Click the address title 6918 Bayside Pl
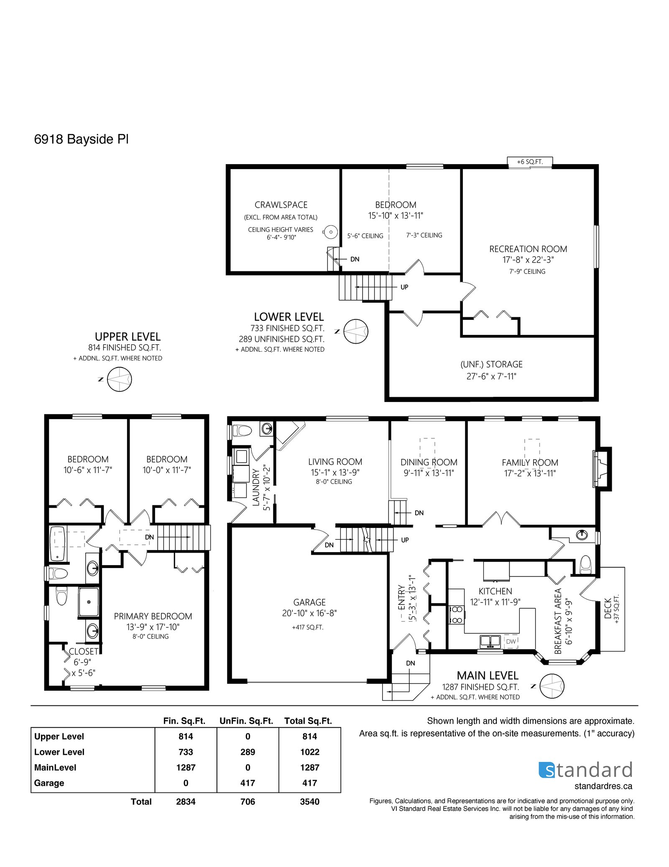pos(81,139)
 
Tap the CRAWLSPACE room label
pos(281,205)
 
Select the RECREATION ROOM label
pos(528,249)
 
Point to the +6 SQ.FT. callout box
pos(530,162)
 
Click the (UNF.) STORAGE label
pos(492,364)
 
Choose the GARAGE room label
pos(309,602)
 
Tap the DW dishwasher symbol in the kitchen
pos(511,641)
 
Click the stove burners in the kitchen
pos(457,614)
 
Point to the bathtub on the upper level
pos(57,544)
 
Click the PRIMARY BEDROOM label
pos(153,616)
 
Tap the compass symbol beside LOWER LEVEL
pos(356,331)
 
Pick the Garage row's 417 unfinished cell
pos(248,783)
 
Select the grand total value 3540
pos(310,802)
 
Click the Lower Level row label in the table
pos(59,752)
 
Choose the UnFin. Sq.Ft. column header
pos(246,721)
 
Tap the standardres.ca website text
pos(603,786)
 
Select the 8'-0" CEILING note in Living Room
pos(334,482)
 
